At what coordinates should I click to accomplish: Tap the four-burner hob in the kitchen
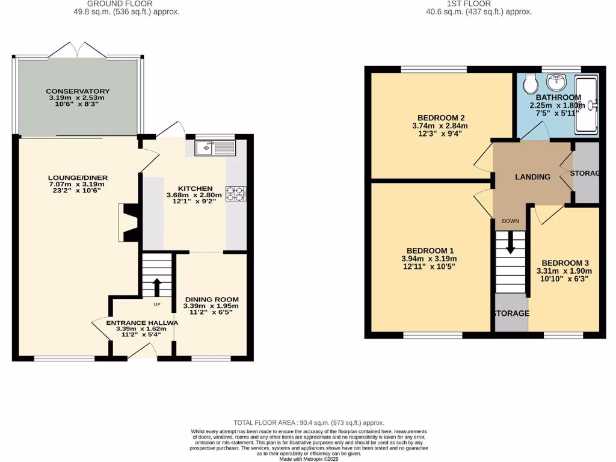[x=235, y=194]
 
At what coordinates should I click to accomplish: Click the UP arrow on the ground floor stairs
[x=157, y=287]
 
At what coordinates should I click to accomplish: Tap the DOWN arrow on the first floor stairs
[x=511, y=243]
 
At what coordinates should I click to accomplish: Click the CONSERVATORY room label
[x=78, y=91]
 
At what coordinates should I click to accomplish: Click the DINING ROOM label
[x=211, y=300]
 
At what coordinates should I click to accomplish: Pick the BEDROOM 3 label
[x=565, y=263]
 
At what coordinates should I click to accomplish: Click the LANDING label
[x=532, y=177]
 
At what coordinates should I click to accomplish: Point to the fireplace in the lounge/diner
[x=129, y=222]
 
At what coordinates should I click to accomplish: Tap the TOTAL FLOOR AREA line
[x=308, y=423]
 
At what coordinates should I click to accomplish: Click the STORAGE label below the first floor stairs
[x=511, y=313]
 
